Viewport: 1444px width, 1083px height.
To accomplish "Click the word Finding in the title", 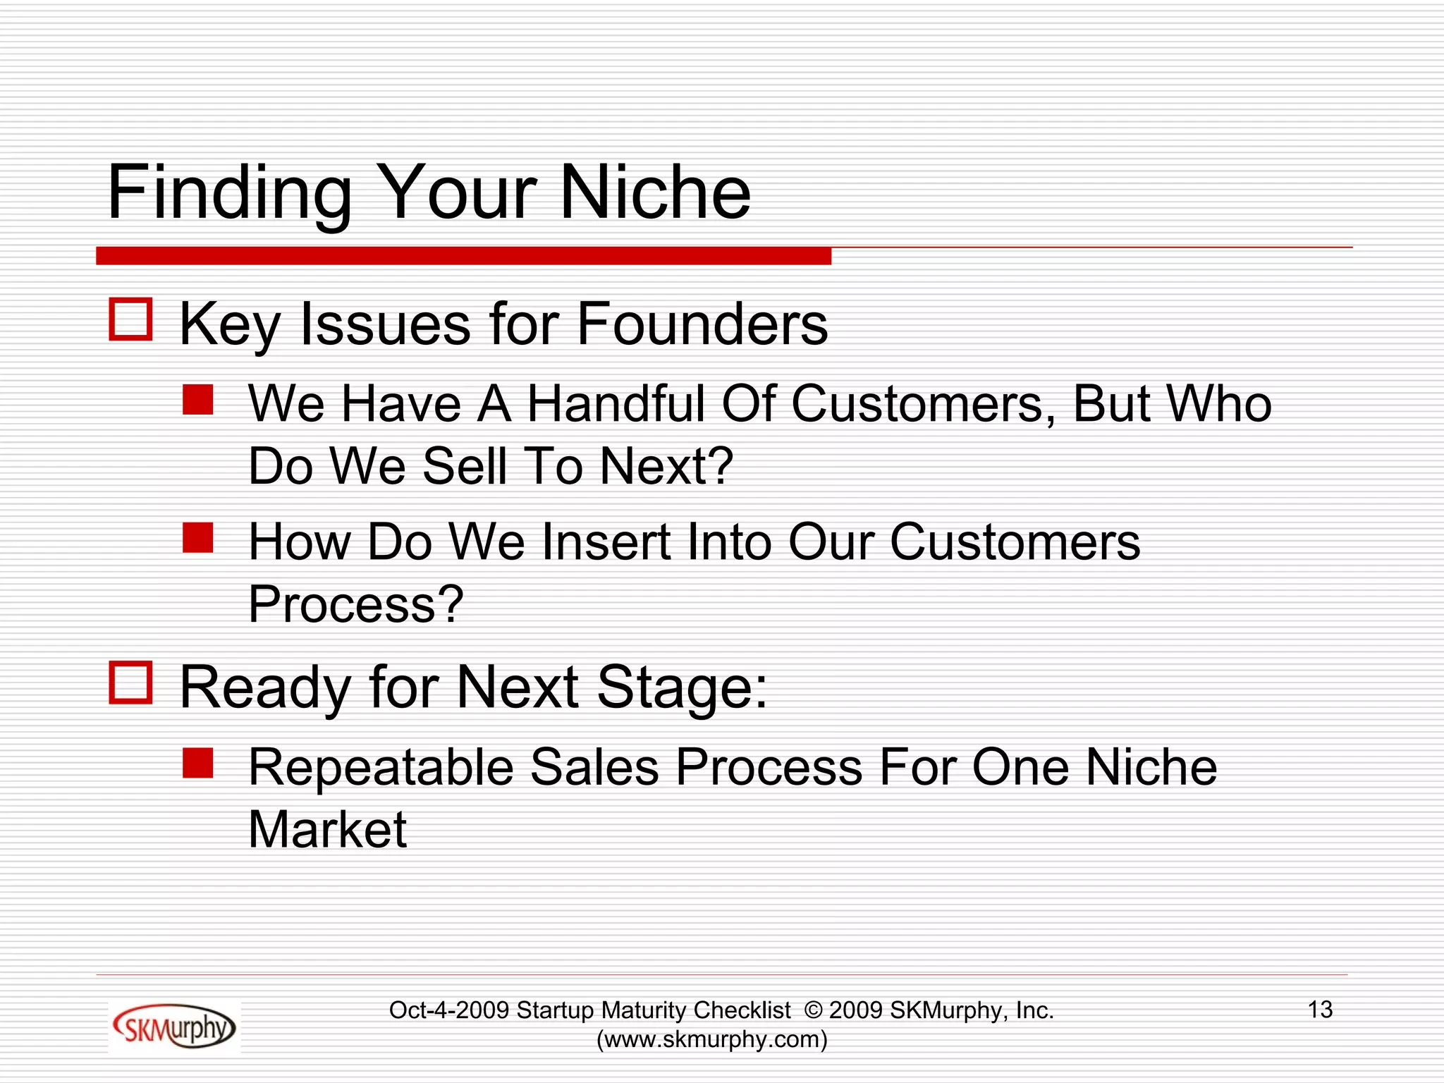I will click(x=229, y=194).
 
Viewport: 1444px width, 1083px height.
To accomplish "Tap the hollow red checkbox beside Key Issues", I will click(x=130, y=319).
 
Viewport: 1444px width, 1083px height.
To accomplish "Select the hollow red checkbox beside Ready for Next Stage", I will click(x=130, y=682).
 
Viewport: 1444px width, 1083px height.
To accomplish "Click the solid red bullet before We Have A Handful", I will click(x=197, y=400).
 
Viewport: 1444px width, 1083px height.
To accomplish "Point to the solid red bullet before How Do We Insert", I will click(x=197, y=537).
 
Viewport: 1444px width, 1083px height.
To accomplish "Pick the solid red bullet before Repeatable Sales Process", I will click(x=197, y=763).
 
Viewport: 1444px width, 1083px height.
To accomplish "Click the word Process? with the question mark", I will click(x=356, y=605).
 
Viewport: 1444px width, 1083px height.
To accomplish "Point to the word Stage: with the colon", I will click(x=682, y=687).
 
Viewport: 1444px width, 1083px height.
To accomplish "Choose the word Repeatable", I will click(x=381, y=768).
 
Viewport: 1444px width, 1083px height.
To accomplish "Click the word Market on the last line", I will click(x=328, y=829).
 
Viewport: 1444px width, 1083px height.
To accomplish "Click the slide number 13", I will click(x=1320, y=1010).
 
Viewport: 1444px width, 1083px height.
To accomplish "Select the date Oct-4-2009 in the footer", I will click(x=449, y=1010).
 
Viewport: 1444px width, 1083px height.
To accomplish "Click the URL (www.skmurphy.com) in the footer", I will click(x=711, y=1039).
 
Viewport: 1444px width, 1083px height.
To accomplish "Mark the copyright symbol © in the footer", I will click(x=813, y=1010).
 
